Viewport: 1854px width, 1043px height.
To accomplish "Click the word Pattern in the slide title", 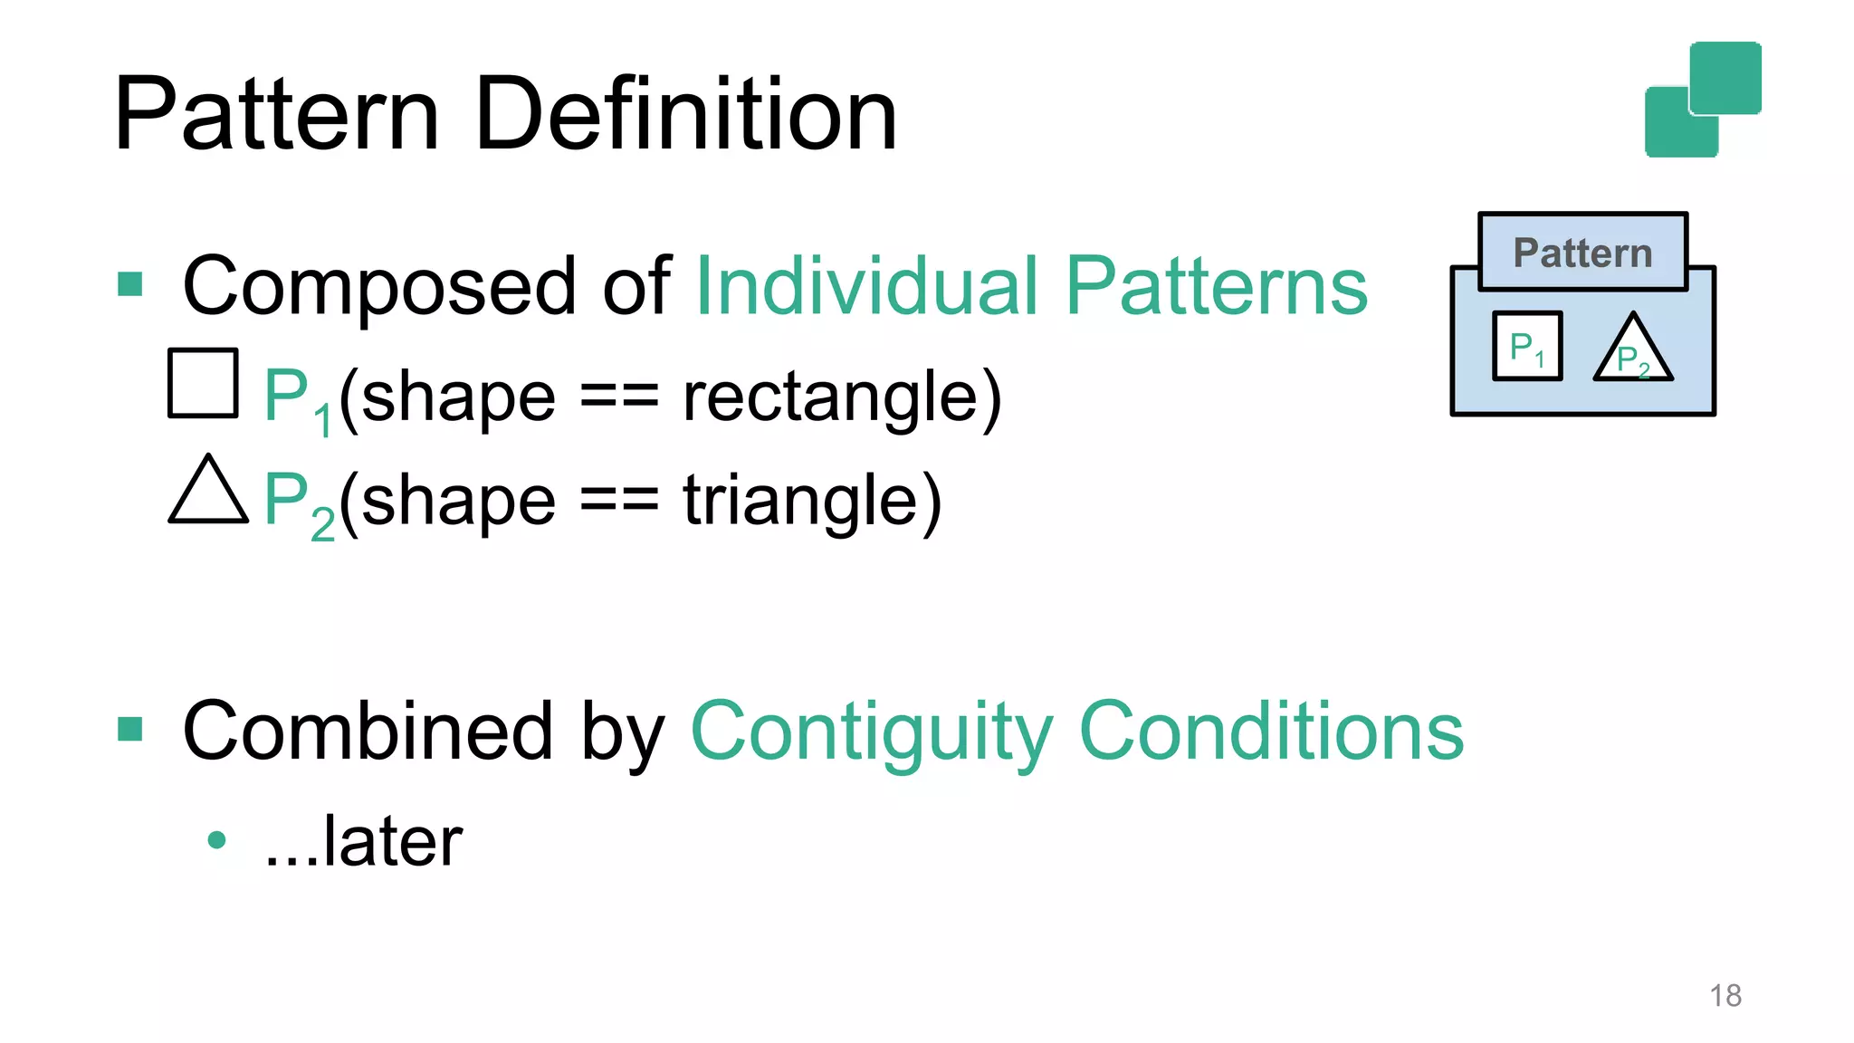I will tap(276, 115).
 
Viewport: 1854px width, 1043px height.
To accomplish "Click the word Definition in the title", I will tap(685, 115).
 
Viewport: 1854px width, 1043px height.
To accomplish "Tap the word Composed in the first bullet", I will tap(378, 286).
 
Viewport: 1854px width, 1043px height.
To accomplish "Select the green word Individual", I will tap(866, 286).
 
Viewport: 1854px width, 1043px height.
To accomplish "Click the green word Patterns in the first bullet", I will tap(1216, 286).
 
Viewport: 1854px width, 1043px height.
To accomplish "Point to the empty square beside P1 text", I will tap(203, 383).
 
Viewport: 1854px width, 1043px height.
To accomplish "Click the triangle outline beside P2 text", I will tap(208, 492).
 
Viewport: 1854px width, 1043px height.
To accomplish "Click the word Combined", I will tap(367, 731).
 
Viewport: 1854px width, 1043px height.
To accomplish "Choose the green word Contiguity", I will tap(872, 732).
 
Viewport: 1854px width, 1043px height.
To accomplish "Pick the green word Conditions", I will tap(1271, 731).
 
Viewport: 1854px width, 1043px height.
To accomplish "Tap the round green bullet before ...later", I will tap(216, 840).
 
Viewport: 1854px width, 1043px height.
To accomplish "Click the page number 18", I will tap(1725, 996).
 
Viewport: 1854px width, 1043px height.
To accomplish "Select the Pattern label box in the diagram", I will tap(1582, 252).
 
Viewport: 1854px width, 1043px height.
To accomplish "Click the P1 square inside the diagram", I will tap(1527, 346).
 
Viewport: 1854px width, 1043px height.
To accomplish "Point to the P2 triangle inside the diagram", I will tap(1633, 353).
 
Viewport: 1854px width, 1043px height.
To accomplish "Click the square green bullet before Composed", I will tap(130, 284).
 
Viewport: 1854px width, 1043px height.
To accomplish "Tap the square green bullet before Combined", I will tap(130, 729).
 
